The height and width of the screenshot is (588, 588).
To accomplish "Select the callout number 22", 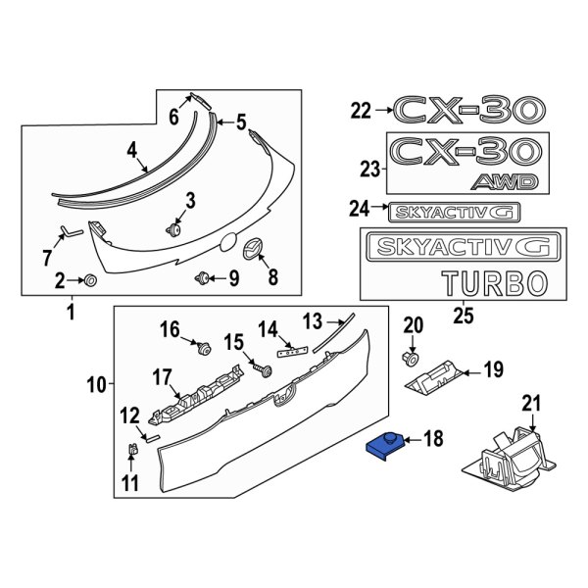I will coord(361,112).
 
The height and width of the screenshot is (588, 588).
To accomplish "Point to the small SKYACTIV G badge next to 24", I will coord(454,211).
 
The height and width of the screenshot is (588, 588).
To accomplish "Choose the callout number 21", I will coord(531,402).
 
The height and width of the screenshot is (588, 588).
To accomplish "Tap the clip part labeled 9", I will coord(205,278).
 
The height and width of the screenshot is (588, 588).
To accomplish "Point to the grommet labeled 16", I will coord(203,347).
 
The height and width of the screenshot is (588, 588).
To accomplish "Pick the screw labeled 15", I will coord(262,369).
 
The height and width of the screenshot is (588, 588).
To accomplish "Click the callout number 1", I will coord(71,314).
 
